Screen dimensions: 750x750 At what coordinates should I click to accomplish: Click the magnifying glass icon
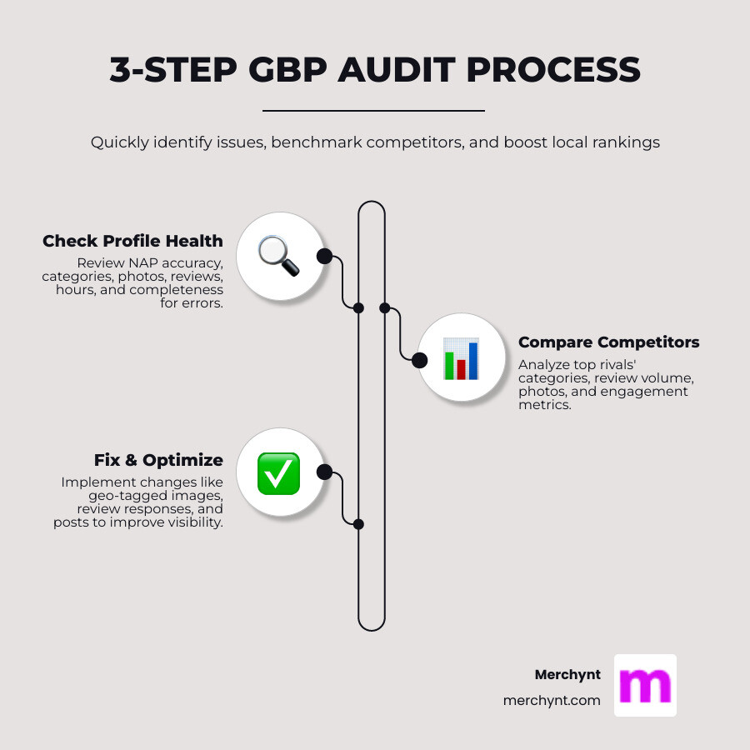pyautogui.click(x=278, y=256)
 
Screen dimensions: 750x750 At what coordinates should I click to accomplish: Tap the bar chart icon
pyautogui.click(x=461, y=359)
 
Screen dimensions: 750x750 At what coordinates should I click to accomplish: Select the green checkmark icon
pyautogui.click(x=278, y=472)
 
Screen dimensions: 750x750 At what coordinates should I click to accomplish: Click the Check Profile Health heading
pyautogui.click(x=132, y=241)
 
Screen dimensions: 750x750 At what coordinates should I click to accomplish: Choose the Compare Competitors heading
pyautogui.click(x=608, y=342)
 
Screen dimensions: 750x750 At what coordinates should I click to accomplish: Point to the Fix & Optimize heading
pyautogui.click(x=158, y=461)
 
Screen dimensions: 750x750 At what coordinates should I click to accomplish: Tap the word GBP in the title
pyautogui.click(x=282, y=70)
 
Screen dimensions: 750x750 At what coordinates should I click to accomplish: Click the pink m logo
pyautogui.click(x=645, y=685)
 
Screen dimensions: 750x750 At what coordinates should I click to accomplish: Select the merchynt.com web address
pyautogui.click(x=552, y=701)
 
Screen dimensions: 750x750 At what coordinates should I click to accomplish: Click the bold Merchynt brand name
pyautogui.click(x=567, y=675)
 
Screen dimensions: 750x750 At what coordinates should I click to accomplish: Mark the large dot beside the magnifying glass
pyautogui.click(x=324, y=256)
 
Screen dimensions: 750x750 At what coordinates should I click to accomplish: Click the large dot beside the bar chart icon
pyautogui.click(x=419, y=360)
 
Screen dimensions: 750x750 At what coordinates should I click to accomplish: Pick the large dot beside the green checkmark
pyautogui.click(x=324, y=472)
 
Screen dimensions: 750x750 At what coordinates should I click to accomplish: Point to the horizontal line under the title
pyautogui.click(x=373, y=110)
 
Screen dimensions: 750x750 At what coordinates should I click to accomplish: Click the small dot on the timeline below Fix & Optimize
pyautogui.click(x=358, y=524)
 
